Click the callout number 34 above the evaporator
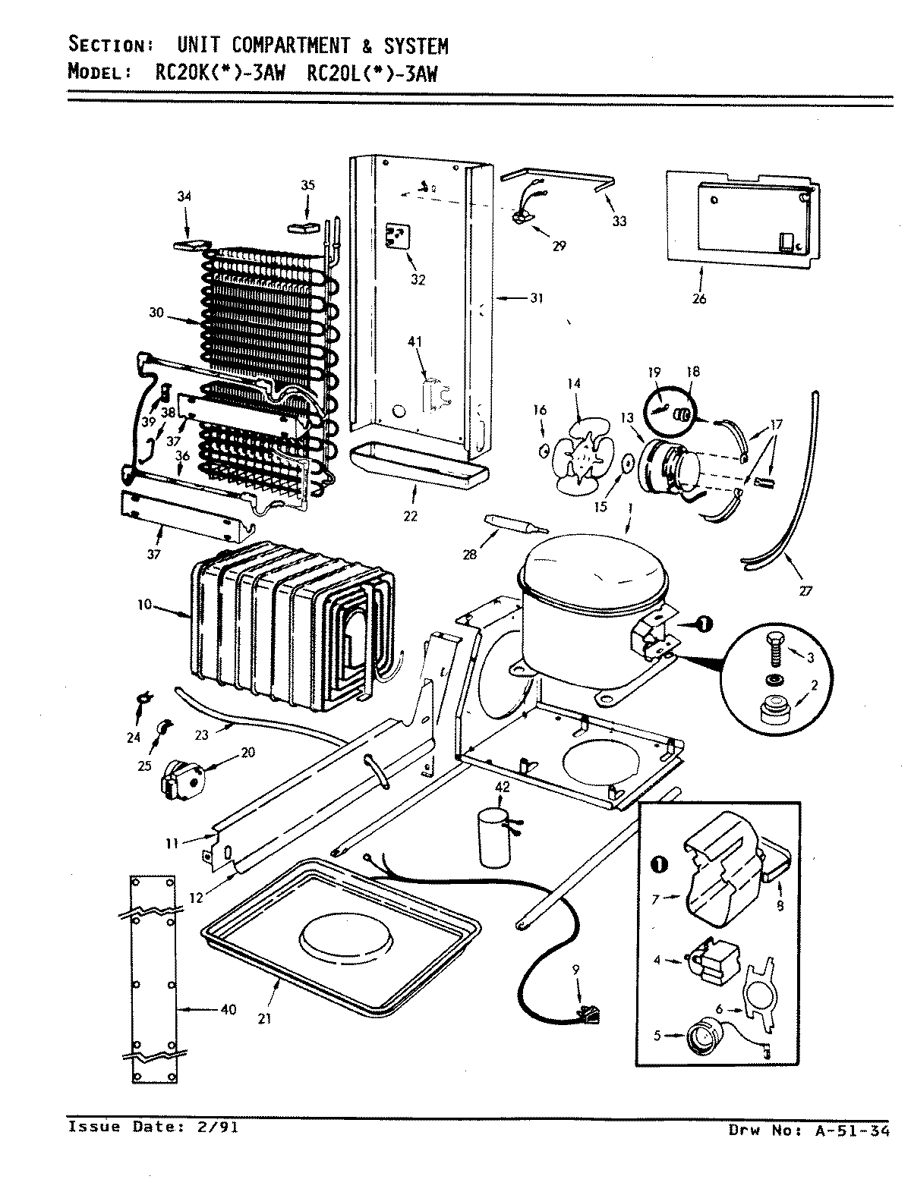184,197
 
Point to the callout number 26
699,299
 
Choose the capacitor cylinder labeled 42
491,836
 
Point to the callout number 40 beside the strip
228,1009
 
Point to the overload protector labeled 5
700,1036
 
